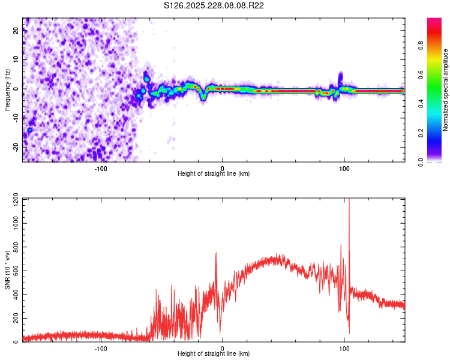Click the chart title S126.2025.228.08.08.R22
[214, 5]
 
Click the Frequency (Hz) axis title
[7, 90]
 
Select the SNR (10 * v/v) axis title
[7, 271]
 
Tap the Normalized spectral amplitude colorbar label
[446, 90]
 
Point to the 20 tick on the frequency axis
[16, 31]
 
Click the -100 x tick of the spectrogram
[101, 169]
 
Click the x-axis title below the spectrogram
[214, 174]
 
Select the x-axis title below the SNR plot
[214, 354]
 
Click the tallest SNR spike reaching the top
[349, 202]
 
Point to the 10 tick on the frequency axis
[16, 60]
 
